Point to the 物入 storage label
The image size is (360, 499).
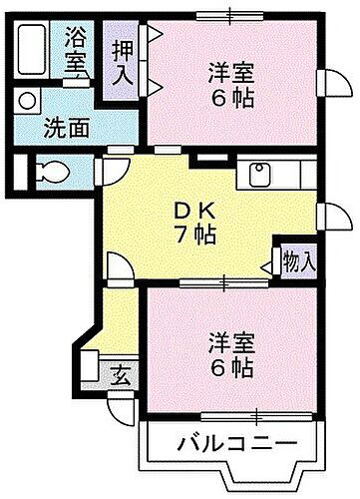[298, 262]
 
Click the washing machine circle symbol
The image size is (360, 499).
[26, 101]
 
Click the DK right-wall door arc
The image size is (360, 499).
[324, 214]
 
